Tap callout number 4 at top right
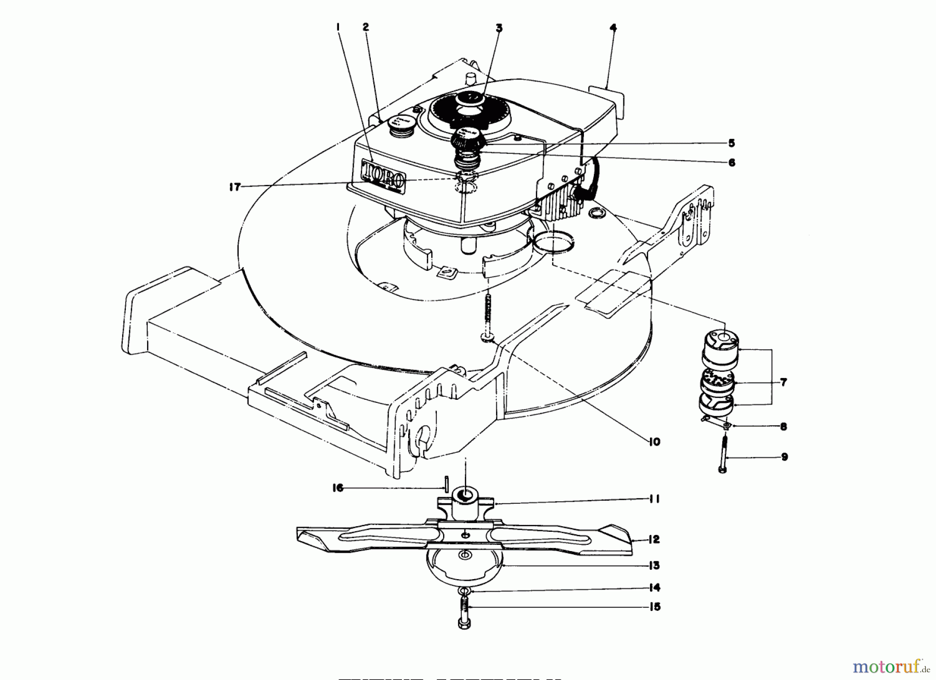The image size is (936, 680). pyautogui.click(x=613, y=28)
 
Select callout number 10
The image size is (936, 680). pyautogui.click(x=654, y=441)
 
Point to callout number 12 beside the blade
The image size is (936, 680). pyautogui.click(x=654, y=540)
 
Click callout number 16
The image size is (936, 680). pyautogui.click(x=338, y=488)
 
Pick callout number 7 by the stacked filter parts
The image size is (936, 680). pyautogui.click(x=783, y=382)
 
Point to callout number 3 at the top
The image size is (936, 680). pyautogui.click(x=499, y=28)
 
